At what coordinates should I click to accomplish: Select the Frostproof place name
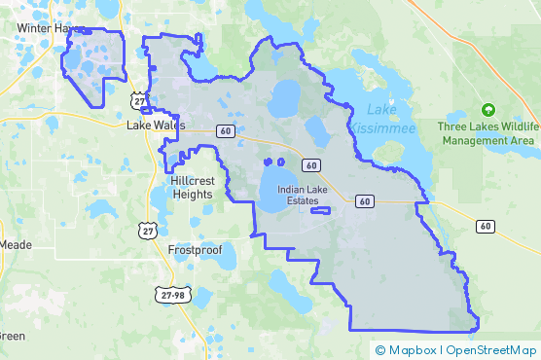[195, 250]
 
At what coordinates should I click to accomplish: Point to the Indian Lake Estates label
[306, 195]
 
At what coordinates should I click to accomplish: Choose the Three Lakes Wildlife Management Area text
[487, 133]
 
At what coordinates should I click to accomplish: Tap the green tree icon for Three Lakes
[488, 110]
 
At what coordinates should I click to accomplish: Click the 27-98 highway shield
[169, 293]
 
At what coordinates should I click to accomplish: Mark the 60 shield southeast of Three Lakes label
[485, 226]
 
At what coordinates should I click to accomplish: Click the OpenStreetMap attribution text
[491, 349]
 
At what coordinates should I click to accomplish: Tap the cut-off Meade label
[12, 245]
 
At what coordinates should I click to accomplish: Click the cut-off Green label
[12, 336]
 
